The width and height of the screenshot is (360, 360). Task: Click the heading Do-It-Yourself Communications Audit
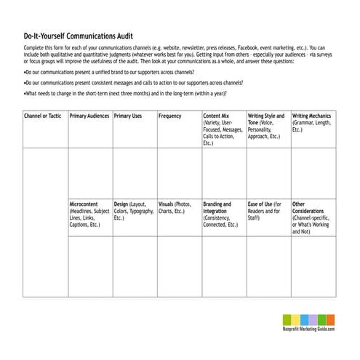[x=78, y=35]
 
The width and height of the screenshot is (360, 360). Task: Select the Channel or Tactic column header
[x=42, y=116]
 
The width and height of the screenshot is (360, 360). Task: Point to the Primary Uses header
[x=129, y=116]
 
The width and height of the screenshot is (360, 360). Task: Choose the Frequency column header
[x=170, y=116]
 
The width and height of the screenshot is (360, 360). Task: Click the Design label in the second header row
[x=121, y=204]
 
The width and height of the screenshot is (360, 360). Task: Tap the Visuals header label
[x=167, y=204]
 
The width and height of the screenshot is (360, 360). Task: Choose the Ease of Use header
[x=261, y=204]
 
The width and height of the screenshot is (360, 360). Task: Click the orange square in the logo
[x=331, y=319]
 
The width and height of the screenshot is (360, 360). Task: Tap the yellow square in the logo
[x=293, y=319]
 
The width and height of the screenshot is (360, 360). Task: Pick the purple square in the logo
[x=312, y=319]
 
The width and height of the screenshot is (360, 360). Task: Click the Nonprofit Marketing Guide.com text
[x=309, y=330]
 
